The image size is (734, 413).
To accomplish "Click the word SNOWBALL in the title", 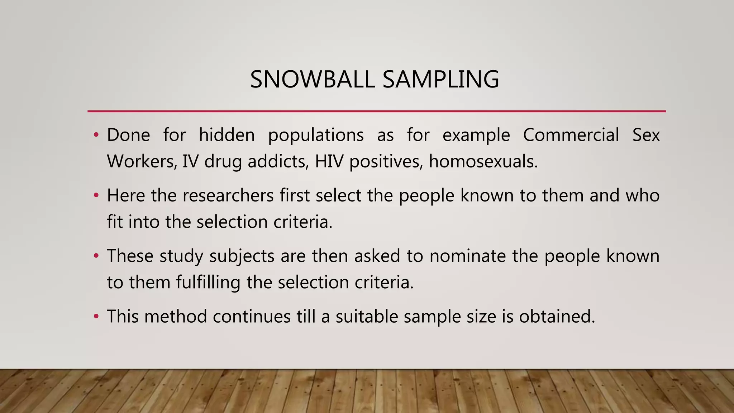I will (312, 79).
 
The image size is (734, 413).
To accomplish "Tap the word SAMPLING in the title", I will (441, 79).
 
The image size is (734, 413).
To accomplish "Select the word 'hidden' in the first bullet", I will (227, 135).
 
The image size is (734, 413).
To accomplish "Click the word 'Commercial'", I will (571, 135).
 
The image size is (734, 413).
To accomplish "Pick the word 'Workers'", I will (140, 161).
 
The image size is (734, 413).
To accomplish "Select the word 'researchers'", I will (228, 196).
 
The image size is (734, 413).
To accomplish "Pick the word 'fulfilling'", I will (208, 282).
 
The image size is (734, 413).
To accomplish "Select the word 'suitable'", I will (367, 317).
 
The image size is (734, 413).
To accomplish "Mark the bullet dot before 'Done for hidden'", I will (96, 136).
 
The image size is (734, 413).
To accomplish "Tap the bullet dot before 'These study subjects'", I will (96, 256).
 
